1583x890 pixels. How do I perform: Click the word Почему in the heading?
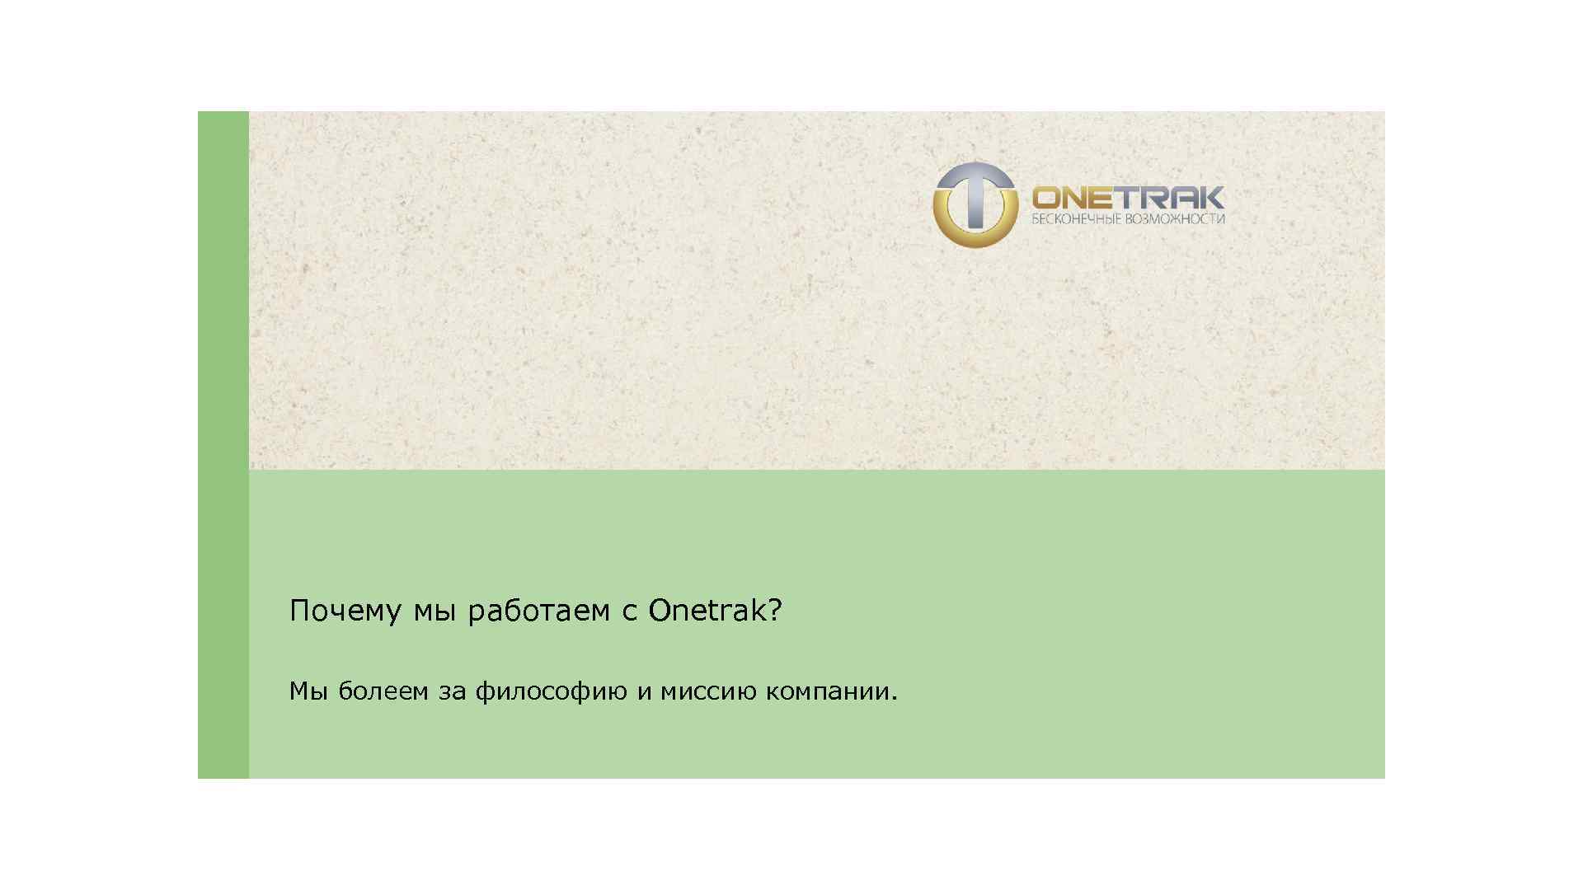(x=345, y=611)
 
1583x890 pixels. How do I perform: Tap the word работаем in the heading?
(x=538, y=611)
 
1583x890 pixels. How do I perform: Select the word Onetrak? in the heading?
(x=714, y=611)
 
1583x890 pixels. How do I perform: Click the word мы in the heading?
(x=434, y=611)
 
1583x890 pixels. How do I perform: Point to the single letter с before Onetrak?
(x=630, y=611)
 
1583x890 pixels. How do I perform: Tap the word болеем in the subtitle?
(x=383, y=691)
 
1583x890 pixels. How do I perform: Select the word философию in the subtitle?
(x=551, y=691)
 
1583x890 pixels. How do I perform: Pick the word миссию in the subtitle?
(x=708, y=691)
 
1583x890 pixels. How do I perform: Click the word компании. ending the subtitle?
(x=831, y=691)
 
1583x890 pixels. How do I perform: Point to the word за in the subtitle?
(x=452, y=691)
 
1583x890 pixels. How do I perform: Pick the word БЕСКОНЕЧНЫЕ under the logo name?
(x=1076, y=219)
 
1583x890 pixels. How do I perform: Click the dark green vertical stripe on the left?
(x=223, y=445)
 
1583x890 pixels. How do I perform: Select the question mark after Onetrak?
(x=774, y=611)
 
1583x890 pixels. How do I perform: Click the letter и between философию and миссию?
(x=644, y=691)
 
